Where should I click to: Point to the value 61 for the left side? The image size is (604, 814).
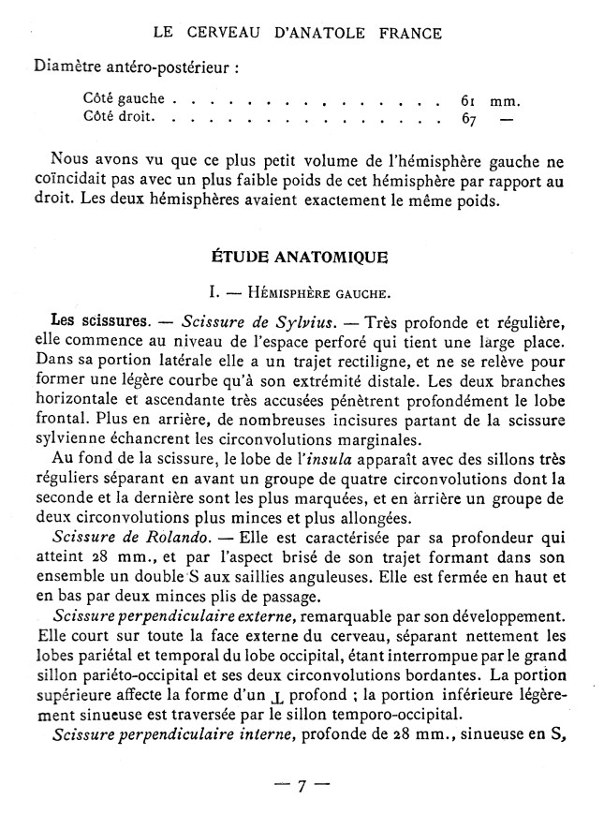pos(469,98)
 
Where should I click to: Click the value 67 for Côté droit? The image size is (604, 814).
pos(469,119)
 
